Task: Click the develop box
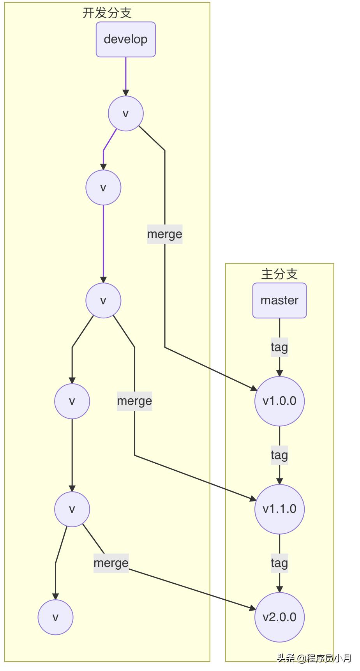tap(125, 39)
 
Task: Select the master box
tap(279, 300)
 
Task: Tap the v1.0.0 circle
tap(279, 401)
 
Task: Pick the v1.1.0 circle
tap(279, 509)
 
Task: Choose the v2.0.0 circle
tap(279, 617)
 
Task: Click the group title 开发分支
tap(107, 13)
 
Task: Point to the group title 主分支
tap(279, 274)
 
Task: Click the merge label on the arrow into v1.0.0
tap(165, 234)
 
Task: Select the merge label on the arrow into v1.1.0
tap(134, 401)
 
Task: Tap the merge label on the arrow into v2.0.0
tap(111, 563)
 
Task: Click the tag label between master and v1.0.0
tap(279, 347)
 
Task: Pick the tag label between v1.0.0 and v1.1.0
tap(279, 455)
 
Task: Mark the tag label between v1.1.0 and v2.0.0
tap(279, 563)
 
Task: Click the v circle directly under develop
tap(125, 113)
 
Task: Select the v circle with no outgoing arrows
tap(55, 617)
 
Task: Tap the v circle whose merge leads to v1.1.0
tap(103, 300)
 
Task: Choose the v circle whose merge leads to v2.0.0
tap(72, 509)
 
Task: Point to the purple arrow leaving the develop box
tap(125, 76)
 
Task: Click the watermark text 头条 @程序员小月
tap(314, 658)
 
